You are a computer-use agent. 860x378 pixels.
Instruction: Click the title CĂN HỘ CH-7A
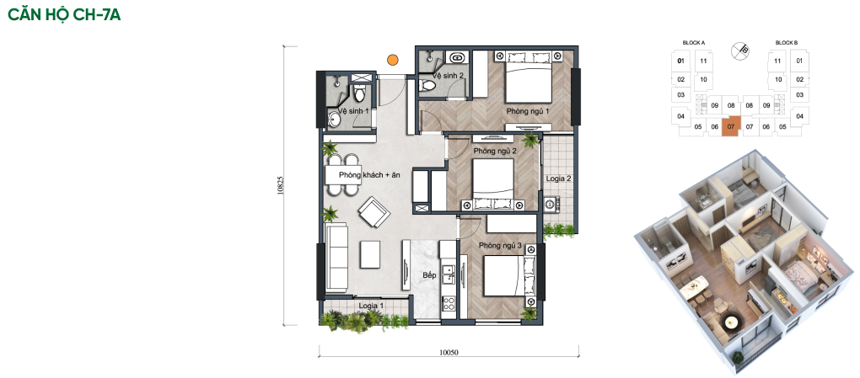click(64, 14)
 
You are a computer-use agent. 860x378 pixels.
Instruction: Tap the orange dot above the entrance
click(393, 60)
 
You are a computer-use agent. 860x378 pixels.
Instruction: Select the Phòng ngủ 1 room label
click(528, 111)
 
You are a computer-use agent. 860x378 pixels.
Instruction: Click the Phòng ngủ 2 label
click(495, 151)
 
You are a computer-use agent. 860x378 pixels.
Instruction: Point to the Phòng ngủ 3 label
click(500, 246)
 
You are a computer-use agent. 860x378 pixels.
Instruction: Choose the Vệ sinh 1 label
click(353, 111)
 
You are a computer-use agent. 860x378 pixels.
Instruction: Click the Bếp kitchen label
click(429, 275)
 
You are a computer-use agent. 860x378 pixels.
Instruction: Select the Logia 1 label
click(371, 306)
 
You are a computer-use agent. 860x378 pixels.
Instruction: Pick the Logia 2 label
click(559, 178)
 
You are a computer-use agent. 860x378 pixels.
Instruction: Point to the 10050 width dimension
click(448, 353)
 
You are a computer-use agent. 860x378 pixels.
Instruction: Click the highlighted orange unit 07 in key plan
click(731, 127)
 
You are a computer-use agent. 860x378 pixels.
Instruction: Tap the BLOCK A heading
click(694, 43)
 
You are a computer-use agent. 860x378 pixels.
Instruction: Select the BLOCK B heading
click(787, 43)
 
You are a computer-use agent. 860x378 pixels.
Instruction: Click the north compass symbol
click(740, 51)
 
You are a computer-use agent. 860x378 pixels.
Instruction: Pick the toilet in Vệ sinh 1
click(360, 93)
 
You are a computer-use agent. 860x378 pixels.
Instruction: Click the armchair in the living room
click(374, 212)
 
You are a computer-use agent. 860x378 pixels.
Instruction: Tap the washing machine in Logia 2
click(551, 204)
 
